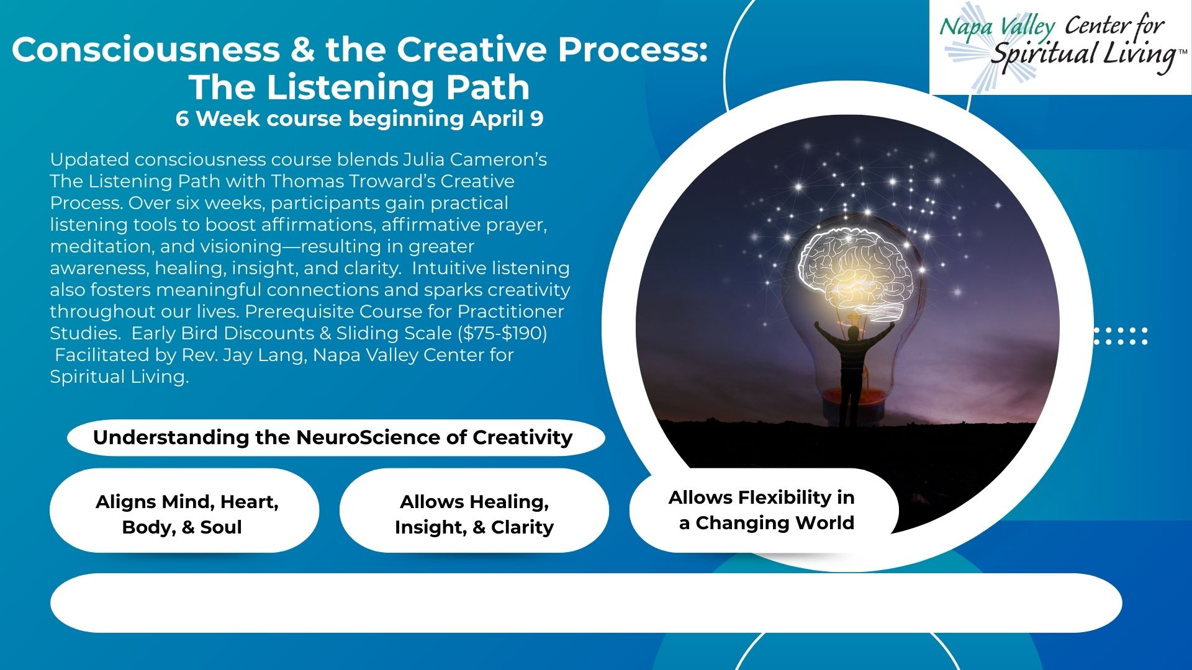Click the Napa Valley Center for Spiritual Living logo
pos(1060,47)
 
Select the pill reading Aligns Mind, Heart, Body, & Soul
pos(184,511)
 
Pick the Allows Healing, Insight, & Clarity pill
pos(474,511)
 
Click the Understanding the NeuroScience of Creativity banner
pos(336,438)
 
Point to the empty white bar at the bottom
pos(586,603)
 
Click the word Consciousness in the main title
pos(146,49)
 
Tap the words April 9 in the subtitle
pos(507,118)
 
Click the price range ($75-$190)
pos(502,333)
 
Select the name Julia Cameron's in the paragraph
pos(475,159)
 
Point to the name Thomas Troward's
pos(353,181)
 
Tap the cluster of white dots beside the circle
pos(1121,336)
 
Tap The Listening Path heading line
pos(359,87)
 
